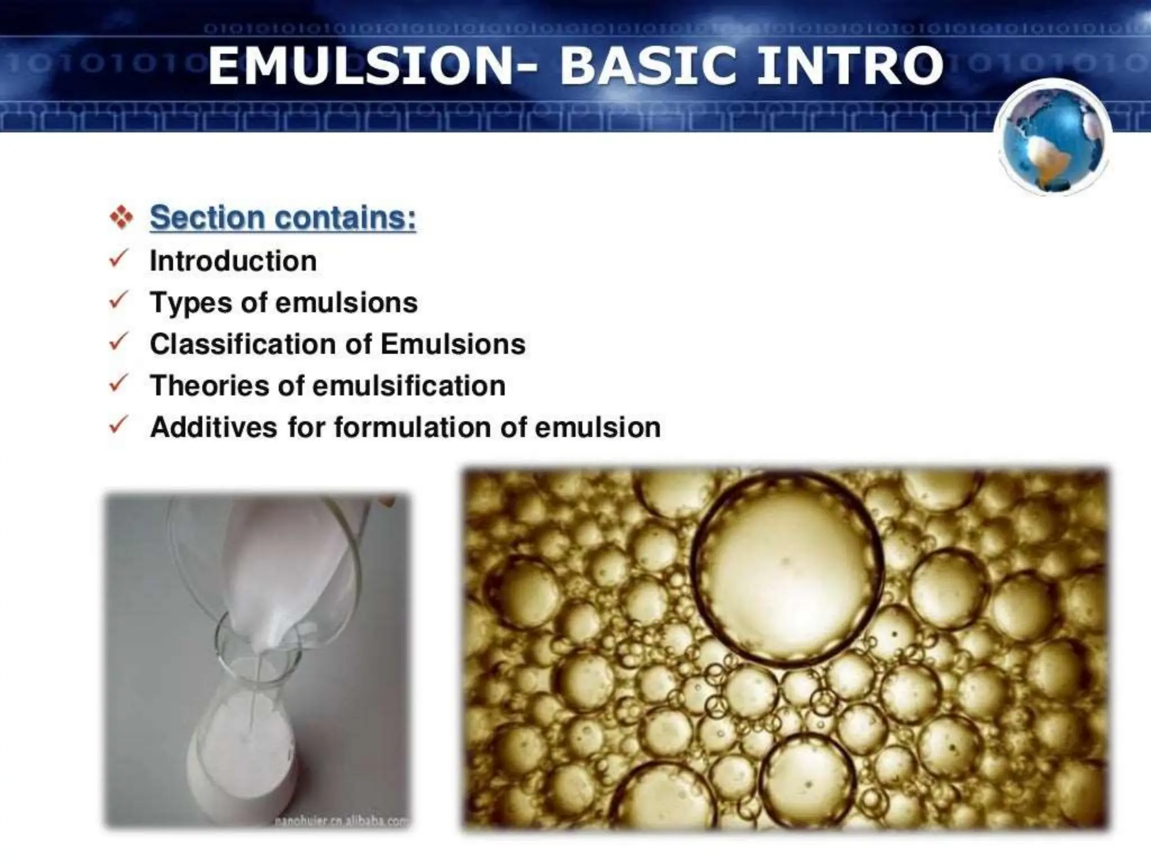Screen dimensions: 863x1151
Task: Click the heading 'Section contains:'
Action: point(283,217)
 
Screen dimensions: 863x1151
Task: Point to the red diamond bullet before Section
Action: point(121,217)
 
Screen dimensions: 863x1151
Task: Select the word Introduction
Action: point(233,261)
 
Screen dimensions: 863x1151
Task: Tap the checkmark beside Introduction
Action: point(119,259)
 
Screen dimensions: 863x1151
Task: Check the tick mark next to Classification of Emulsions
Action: point(119,342)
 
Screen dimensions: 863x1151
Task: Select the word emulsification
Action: point(409,386)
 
